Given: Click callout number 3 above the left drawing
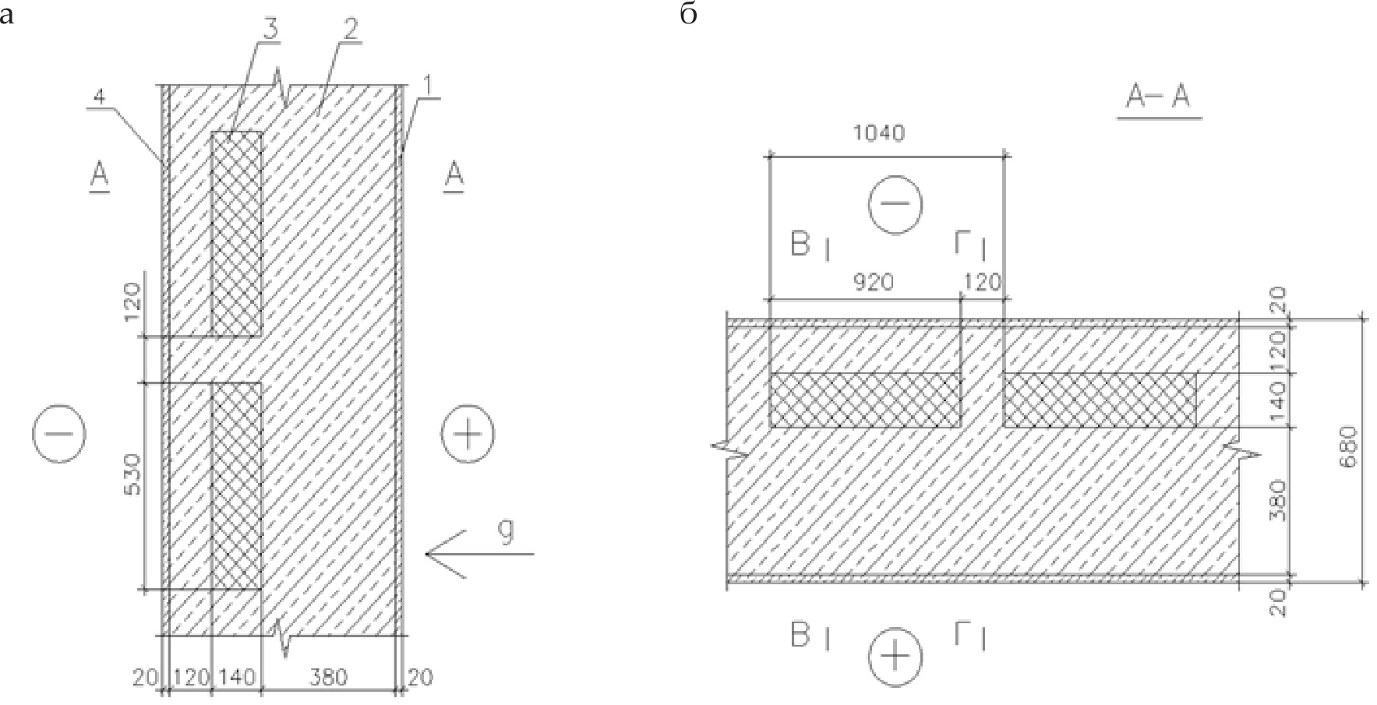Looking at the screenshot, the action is pos(269,30).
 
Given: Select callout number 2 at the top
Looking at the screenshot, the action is pos(350,30).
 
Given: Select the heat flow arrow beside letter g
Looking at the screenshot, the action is pos(479,554).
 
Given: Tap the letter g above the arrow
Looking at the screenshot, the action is pos(506,532).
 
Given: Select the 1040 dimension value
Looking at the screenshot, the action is pos(879,133).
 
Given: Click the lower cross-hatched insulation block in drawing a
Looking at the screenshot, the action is pos(236,486).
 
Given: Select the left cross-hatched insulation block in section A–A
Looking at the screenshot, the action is pos(865,400).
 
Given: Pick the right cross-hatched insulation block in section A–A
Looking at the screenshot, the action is pos(1100,400).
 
